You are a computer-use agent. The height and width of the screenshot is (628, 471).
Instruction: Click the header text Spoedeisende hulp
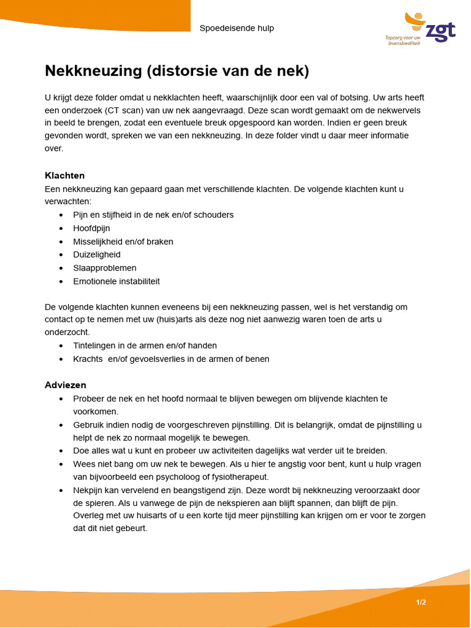pos(237,28)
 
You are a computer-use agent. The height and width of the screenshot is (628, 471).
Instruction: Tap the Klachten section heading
pos(64,175)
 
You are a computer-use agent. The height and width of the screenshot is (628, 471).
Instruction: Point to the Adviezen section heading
pos(65,385)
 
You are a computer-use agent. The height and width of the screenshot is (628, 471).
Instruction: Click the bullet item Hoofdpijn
pos(91,228)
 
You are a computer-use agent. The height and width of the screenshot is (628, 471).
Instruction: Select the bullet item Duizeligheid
pos(97,255)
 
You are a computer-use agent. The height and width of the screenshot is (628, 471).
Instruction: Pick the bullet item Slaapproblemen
pos(105,268)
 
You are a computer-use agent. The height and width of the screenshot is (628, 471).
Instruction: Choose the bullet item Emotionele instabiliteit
pos(117,281)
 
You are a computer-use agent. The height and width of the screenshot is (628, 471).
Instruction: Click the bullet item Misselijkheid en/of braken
pos(123,242)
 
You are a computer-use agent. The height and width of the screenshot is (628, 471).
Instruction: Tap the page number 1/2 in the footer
pos(421,602)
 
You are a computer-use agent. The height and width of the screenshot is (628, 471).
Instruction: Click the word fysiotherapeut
pos(243,477)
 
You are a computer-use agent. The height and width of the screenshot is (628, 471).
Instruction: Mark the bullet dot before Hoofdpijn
pos(61,228)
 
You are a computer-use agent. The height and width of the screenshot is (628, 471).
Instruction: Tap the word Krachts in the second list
pos(88,359)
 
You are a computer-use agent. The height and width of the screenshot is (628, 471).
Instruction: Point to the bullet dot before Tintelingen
pos(61,346)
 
